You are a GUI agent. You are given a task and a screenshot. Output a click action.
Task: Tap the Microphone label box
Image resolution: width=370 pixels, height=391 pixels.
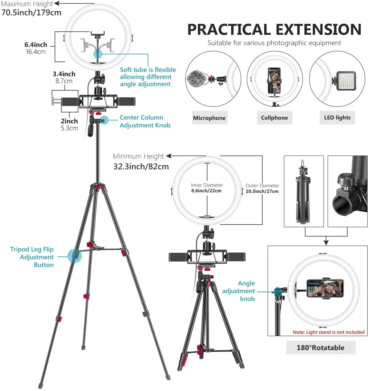click(x=210, y=118)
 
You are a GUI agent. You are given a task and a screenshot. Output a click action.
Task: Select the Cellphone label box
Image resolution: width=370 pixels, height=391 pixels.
click(x=274, y=118)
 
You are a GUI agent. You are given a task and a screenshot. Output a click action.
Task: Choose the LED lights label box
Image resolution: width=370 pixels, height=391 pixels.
click(x=337, y=117)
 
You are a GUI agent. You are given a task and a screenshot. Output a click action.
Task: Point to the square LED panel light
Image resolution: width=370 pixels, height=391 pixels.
click(x=346, y=81)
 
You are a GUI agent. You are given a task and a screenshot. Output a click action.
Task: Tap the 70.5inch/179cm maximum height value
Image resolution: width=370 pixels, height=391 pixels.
click(x=31, y=13)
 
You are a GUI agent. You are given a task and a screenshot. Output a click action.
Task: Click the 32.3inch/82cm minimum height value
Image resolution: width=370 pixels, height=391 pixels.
click(x=141, y=167)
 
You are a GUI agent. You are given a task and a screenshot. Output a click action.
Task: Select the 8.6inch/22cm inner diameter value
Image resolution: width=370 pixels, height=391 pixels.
click(x=206, y=191)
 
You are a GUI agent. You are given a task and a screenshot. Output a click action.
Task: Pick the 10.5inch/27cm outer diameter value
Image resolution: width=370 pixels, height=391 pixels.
click(x=262, y=191)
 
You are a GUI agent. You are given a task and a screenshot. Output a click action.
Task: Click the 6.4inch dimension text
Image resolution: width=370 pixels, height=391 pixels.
click(x=36, y=45)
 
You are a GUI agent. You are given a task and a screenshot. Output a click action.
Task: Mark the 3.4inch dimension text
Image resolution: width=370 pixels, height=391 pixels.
click(x=64, y=74)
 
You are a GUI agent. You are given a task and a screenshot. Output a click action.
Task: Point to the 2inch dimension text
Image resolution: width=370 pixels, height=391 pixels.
click(x=69, y=121)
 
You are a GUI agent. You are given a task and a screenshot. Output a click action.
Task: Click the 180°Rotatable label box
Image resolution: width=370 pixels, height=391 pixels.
click(x=321, y=348)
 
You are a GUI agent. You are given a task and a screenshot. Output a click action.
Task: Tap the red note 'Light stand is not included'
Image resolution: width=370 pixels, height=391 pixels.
click(x=328, y=332)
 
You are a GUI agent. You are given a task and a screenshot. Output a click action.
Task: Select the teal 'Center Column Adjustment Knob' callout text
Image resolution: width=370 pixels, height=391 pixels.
click(x=145, y=121)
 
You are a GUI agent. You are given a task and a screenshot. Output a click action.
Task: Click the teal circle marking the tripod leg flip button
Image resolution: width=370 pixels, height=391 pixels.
click(x=74, y=256)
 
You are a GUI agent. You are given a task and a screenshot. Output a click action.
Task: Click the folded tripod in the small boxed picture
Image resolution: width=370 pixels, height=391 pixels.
click(x=303, y=192)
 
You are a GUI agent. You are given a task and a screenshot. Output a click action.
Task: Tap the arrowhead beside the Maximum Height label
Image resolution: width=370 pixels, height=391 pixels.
click(x=57, y=3)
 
